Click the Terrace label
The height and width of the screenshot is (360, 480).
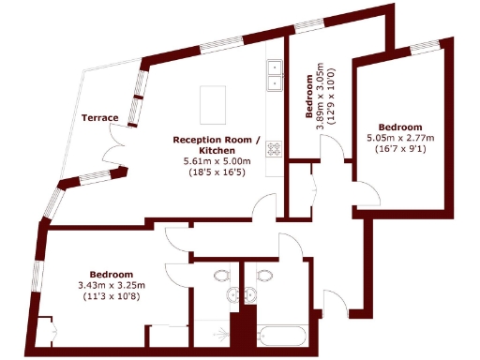tap(99, 117)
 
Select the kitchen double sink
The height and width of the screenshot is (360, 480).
tap(276, 75)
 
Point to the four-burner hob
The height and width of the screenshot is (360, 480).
tap(276, 148)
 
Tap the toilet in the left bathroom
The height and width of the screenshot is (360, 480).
tap(221, 276)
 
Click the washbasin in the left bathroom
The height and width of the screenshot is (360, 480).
tap(234, 296)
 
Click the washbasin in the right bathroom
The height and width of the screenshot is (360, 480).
tap(250, 296)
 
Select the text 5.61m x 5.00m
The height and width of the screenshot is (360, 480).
tap(216, 161)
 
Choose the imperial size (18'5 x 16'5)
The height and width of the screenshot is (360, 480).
tap(216, 172)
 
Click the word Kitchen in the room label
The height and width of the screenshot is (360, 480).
tap(217, 150)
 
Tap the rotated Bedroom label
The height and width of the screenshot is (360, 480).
tap(309, 97)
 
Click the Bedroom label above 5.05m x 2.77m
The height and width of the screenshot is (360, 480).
tap(400, 127)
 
